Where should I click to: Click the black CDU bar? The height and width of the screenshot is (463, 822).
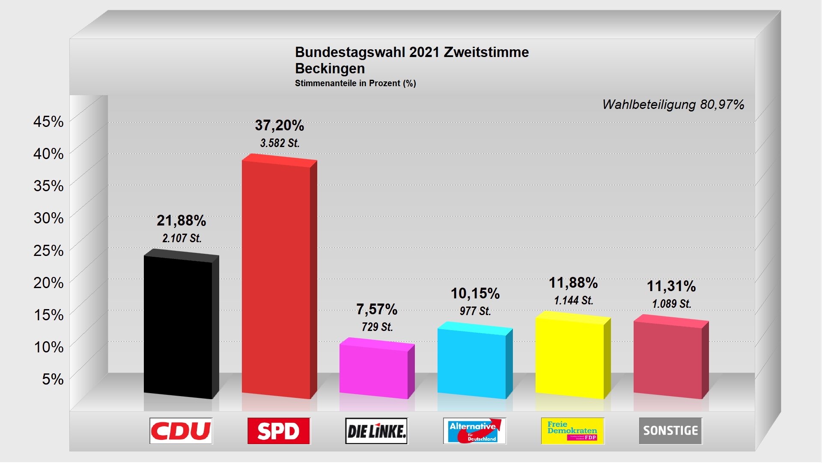click(178, 326)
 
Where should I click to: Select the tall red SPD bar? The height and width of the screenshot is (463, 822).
click(276, 279)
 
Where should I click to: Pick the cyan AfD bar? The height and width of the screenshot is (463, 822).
click(472, 362)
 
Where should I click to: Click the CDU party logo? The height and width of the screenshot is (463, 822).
click(181, 431)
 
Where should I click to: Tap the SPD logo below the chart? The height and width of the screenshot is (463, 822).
click(279, 431)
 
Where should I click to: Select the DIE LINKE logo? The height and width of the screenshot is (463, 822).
click(377, 431)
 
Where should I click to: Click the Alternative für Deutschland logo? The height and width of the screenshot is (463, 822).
click(474, 431)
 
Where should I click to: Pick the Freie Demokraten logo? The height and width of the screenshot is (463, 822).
click(572, 431)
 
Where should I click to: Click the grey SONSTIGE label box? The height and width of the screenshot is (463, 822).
click(670, 431)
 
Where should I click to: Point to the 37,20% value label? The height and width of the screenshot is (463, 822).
click(280, 126)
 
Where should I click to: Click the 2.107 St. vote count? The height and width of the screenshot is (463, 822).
click(182, 238)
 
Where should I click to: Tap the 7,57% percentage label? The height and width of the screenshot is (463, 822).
click(377, 309)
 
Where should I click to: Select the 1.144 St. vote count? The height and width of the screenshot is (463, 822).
click(574, 301)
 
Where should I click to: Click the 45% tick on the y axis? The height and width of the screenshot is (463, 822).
click(48, 122)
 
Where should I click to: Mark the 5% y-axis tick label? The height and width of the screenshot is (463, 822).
click(53, 379)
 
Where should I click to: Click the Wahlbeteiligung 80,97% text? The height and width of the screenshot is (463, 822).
click(673, 105)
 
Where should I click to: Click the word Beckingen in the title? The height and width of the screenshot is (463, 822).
click(330, 69)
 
